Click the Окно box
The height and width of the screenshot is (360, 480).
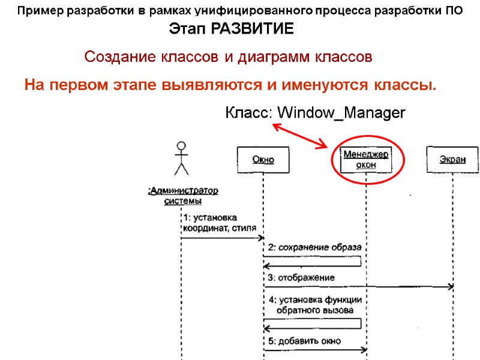click(263, 160)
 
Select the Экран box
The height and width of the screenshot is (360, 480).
click(453, 160)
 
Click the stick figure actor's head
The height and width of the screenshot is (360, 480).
click(181, 146)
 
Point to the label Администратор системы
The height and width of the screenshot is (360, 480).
click(183, 196)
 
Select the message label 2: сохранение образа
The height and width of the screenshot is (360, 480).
click(314, 247)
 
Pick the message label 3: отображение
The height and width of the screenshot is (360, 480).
click(301, 278)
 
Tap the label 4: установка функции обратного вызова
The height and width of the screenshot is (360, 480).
click(314, 305)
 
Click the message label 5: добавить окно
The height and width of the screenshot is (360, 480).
click(304, 341)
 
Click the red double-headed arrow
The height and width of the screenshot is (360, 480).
click(300, 136)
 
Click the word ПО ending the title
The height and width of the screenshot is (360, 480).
click(454, 11)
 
